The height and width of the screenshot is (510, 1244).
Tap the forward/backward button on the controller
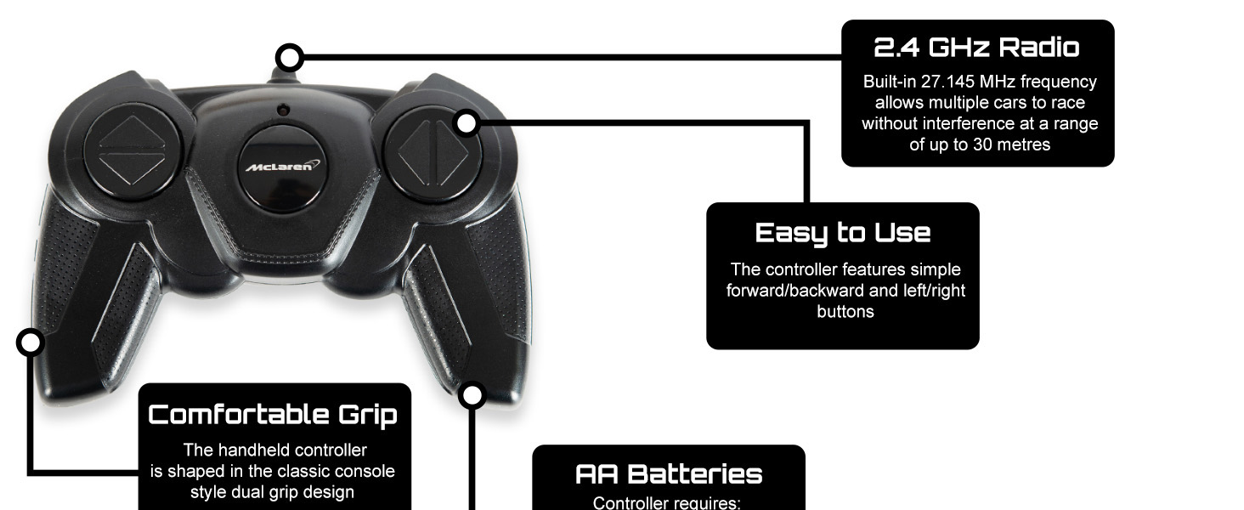[x=131, y=151]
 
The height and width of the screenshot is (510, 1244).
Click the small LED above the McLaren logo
[x=283, y=110]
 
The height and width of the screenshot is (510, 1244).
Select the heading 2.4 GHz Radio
[x=976, y=48]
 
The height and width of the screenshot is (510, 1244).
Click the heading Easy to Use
[x=842, y=232]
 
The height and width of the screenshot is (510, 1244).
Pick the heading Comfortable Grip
[x=273, y=414]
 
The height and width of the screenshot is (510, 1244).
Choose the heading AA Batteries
[x=668, y=473]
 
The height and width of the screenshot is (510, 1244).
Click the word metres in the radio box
[x=1021, y=144]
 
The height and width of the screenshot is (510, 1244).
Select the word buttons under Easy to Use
[x=845, y=312]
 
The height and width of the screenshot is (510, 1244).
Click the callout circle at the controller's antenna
[x=291, y=58]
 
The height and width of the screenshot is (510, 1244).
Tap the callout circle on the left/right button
[x=467, y=123]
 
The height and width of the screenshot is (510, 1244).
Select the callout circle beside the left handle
[x=31, y=343]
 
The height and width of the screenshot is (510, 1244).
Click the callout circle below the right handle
[x=472, y=395]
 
